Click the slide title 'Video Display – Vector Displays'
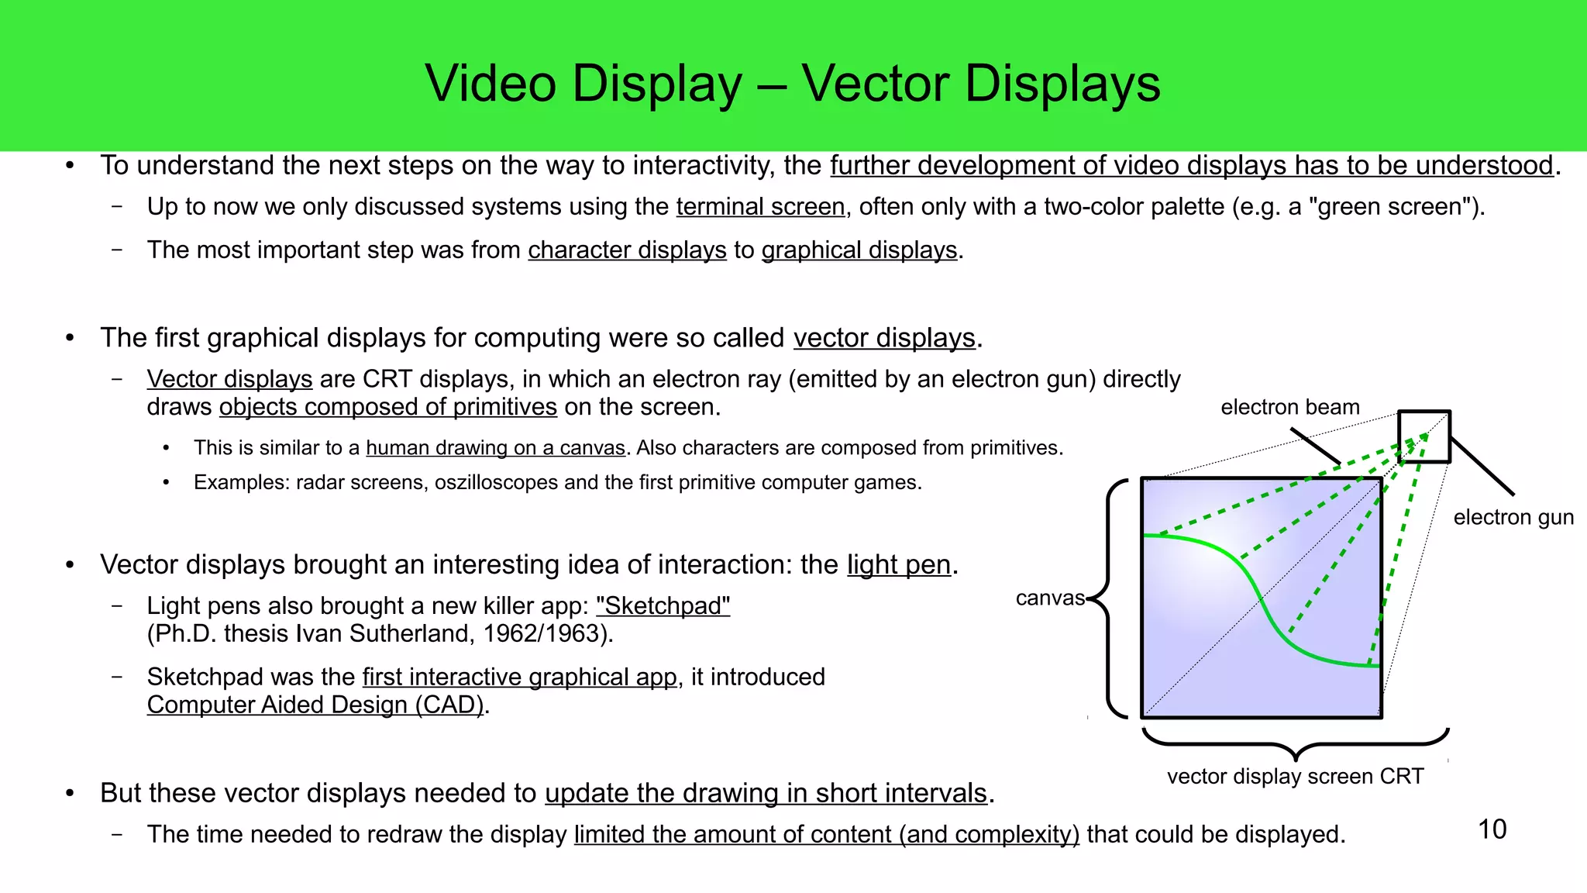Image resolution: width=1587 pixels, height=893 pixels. tap(792, 84)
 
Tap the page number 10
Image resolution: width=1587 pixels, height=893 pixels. tap(1492, 829)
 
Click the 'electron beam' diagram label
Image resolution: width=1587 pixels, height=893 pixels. tap(1289, 407)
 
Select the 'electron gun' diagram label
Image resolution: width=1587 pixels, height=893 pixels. tap(1513, 517)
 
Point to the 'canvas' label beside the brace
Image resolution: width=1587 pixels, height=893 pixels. tap(1050, 598)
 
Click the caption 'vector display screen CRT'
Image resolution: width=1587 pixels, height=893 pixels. tap(1295, 776)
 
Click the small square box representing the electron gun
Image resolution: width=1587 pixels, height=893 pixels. tap(1423, 436)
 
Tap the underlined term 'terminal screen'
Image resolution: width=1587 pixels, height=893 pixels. tap(760, 207)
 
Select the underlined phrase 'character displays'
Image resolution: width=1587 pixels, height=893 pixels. tap(627, 250)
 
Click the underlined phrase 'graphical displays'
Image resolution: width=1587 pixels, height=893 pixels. tap(859, 250)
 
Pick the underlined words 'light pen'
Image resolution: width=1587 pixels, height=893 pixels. tap(898, 564)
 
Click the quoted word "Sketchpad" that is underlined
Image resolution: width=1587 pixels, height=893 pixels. tap(663, 605)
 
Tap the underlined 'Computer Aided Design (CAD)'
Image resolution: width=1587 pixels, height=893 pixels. tap(315, 705)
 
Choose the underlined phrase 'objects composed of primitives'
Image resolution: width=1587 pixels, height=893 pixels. tap(387, 407)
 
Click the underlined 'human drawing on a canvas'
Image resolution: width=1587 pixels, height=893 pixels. tap(495, 448)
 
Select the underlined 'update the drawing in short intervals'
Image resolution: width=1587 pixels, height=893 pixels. tap(766, 793)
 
